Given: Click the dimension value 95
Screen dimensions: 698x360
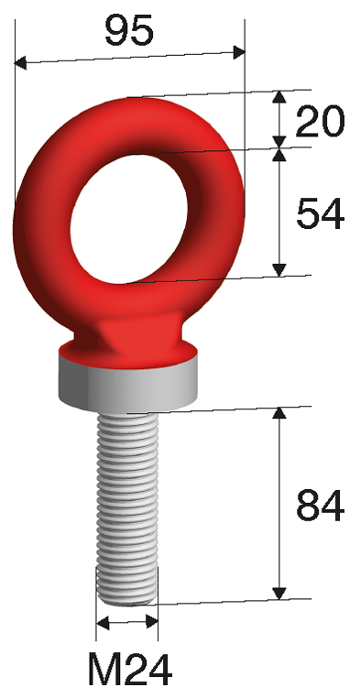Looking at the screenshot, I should (x=128, y=31).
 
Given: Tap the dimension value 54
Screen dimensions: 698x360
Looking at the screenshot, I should (x=320, y=213).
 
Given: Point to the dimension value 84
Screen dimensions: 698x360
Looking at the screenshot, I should (x=320, y=505).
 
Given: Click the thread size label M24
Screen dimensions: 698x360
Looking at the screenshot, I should (x=129, y=670).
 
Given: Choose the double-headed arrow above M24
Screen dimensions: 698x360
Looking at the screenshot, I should (x=127, y=624).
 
